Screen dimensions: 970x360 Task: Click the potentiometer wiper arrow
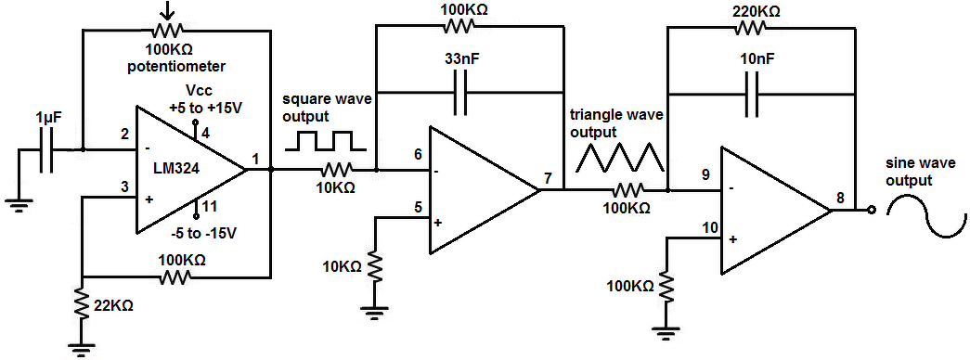point(165,10)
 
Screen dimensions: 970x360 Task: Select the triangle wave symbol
point(619,157)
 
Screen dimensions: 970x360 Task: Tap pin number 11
point(209,206)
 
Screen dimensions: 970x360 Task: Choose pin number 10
point(710,228)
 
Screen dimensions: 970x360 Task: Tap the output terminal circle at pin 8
point(872,211)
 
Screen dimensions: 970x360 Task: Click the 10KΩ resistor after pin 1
point(336,169)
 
